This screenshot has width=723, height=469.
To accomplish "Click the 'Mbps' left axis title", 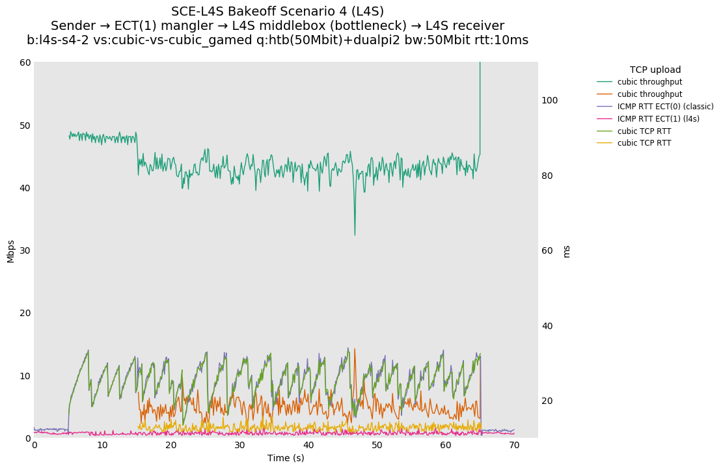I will coord(10,250).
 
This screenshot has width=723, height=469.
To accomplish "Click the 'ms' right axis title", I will coord(566,251).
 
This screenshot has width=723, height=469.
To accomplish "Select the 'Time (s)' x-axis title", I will coord(286,458).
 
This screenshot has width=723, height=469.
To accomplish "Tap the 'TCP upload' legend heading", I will coord(655,70).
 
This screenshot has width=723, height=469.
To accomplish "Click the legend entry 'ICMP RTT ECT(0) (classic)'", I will coord(665,107).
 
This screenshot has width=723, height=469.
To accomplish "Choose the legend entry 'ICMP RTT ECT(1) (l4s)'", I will coord(658,119).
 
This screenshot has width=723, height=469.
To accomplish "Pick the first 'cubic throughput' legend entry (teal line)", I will coord(649,82).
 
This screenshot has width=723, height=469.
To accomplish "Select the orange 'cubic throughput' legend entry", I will coord(649,94).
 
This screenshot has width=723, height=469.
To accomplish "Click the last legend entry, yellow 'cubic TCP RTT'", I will coord(644,143).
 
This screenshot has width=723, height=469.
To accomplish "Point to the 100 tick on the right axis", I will coord(550,100).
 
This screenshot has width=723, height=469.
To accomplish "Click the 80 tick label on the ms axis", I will coord(547,176).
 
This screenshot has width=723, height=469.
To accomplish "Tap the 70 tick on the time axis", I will coord(514,445).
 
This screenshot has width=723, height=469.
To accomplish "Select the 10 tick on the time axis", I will coord(103,445).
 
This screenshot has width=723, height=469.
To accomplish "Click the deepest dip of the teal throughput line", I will coord(355,235).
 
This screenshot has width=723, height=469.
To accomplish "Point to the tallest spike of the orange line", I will coord(355,349).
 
